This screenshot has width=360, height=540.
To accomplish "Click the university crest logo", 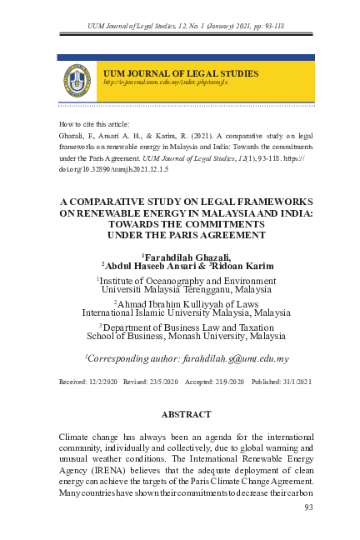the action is [x=77, y=80].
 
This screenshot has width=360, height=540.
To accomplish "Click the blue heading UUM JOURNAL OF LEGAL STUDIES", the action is [x=180, y=74].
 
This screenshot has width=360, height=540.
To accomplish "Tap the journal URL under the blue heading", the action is [x=159, y=83].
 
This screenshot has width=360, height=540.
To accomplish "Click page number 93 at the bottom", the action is [x=309, y=506].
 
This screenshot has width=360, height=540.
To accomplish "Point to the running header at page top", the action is [x=187, y=27].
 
